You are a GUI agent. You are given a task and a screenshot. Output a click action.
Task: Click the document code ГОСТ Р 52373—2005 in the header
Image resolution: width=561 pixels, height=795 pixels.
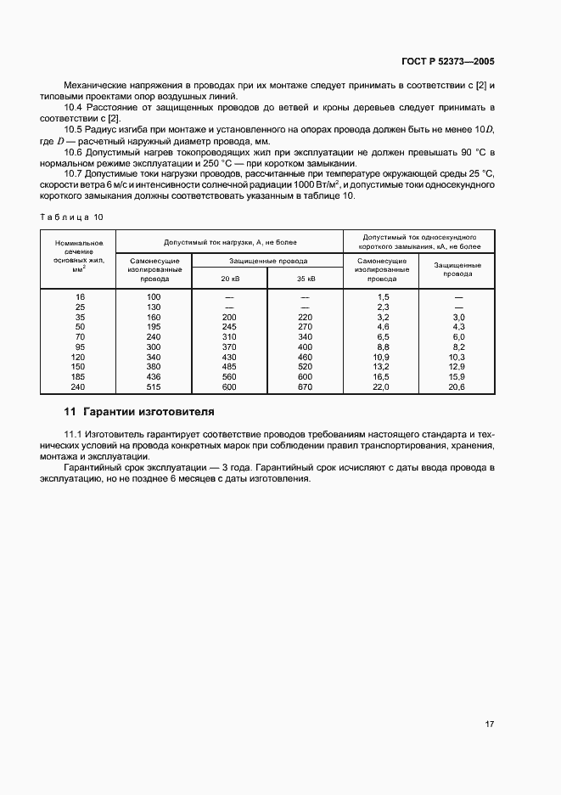coord(447,62)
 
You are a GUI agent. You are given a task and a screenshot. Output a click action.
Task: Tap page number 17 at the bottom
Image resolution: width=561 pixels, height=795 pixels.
coord(489,725)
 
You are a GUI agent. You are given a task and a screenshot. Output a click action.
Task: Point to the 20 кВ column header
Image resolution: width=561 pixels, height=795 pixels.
coord(230,278)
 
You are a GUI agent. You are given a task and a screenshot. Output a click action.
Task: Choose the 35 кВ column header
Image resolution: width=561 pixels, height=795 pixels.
coord(306,278)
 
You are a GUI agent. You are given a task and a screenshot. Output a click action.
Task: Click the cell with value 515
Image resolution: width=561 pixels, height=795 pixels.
coord(154,386)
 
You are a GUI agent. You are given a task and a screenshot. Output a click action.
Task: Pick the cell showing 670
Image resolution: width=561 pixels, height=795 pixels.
coord(306,386)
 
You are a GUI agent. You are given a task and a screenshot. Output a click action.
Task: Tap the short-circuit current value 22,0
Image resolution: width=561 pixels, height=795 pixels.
coord(381,386)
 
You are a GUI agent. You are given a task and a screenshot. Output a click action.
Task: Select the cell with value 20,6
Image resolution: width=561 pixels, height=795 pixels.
coord(458,386)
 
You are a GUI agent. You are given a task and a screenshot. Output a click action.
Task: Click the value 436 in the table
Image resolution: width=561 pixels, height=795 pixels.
coord(154,376)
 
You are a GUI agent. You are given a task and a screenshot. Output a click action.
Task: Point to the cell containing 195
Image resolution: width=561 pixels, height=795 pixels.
coord(154,326)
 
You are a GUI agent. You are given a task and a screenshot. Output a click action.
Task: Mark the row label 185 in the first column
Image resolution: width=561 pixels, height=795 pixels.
coord(80,376)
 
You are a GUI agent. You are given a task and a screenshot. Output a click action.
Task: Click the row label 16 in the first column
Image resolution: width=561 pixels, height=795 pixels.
coord(80,296)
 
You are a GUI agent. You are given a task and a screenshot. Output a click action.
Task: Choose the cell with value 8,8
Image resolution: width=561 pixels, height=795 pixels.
coord(381,347)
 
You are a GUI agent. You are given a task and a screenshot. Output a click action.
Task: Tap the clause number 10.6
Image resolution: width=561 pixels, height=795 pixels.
coord(74,152)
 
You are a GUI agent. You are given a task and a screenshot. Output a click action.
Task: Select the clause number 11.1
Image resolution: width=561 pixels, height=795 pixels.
coord(73,434)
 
